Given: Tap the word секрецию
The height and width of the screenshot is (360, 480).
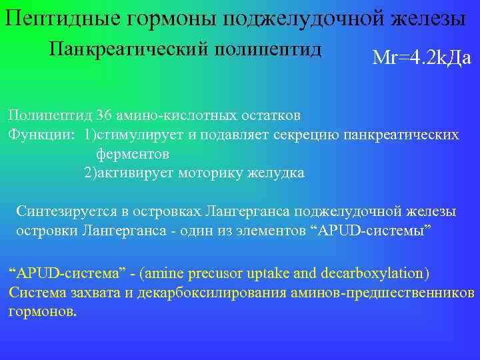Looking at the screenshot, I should [313, 135].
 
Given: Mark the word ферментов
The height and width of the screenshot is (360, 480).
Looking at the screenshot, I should [133, 154].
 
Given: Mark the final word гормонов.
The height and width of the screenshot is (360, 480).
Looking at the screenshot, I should [42, 311].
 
